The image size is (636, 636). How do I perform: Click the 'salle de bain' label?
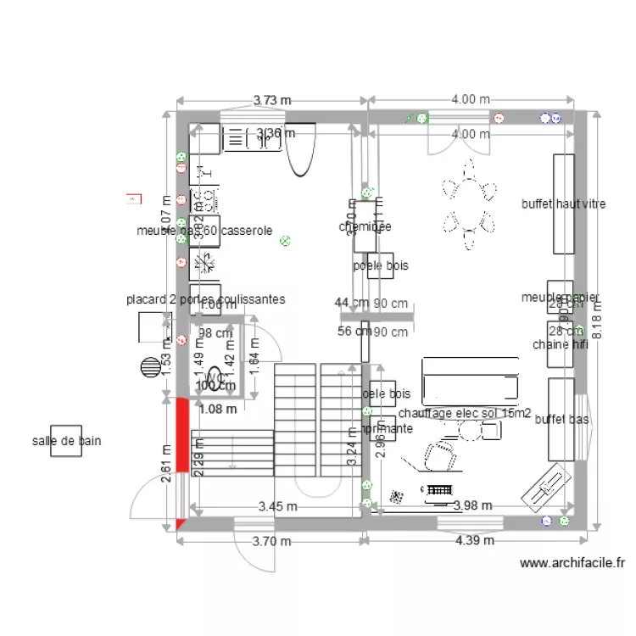(x=67, y=441)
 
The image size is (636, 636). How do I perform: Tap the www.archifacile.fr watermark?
(x=572, y=562)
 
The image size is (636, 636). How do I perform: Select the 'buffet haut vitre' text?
(x=563, y=204)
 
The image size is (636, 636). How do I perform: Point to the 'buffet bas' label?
(x=562, y=419)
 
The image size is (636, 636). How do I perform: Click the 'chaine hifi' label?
(x=561, y=344)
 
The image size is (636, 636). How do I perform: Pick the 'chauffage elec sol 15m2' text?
(x=465, y=414)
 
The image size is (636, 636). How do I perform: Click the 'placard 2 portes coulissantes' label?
(x=205, y=299)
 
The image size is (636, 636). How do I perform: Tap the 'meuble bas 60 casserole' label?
(x=204, y=230)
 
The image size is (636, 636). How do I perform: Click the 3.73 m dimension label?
(x=271, y=100)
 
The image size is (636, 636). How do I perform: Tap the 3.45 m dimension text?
(x=277, y=507)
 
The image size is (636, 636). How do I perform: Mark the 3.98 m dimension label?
(x=474, y=506)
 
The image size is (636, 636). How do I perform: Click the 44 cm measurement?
(x=351, y=304)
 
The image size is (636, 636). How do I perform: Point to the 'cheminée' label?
(x=365, y=226)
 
